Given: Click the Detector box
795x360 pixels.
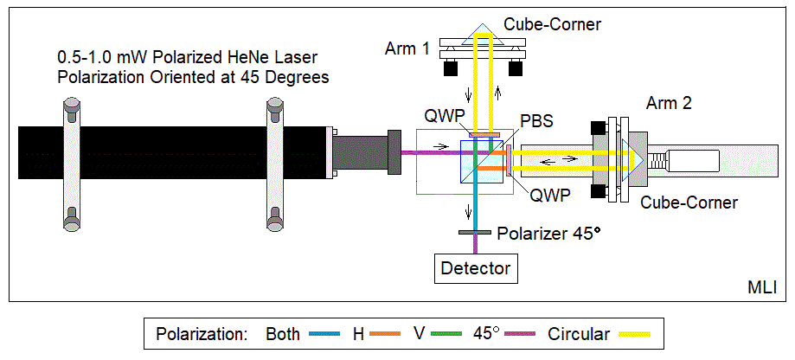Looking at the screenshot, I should [x=476, y=268].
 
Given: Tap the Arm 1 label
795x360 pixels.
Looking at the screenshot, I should [x=407, y=49].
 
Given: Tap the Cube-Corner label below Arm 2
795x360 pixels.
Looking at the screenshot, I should [x=689, y=202].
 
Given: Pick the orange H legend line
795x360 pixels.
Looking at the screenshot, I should [x=387, y=334].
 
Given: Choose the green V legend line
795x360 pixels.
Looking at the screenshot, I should [x=445, y=334].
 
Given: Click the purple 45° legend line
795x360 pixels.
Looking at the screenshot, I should [x=516, y=334].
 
